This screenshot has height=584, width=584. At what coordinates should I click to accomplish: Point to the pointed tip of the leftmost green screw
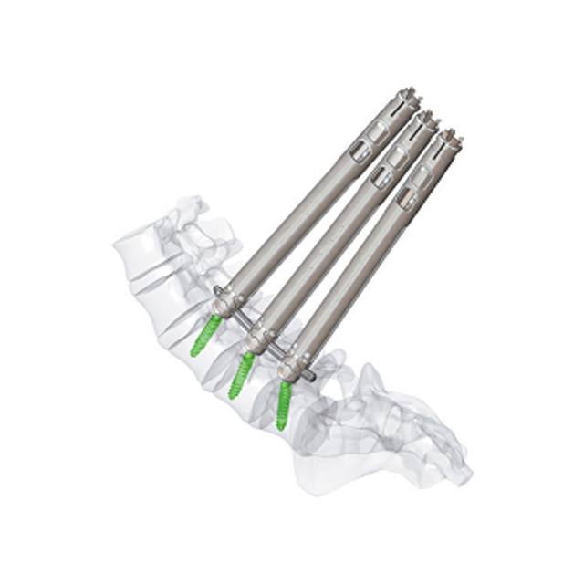point(193,354)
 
